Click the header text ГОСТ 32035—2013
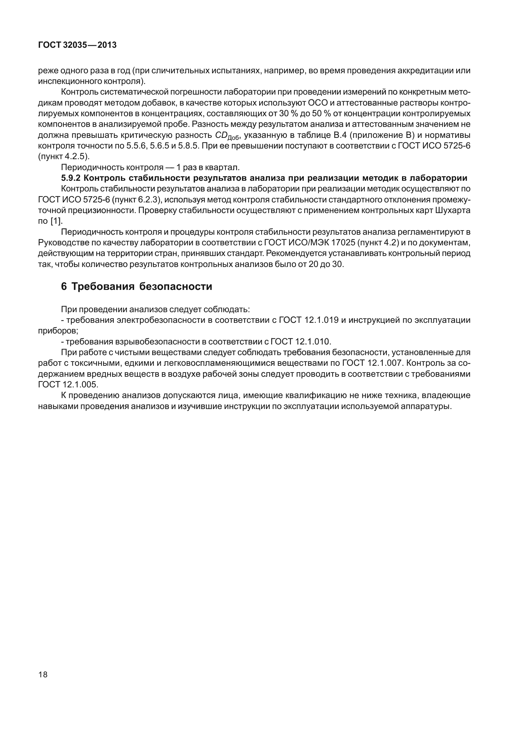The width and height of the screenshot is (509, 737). [x=77, y=46]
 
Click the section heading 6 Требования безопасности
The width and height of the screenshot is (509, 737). [x=136, y=286]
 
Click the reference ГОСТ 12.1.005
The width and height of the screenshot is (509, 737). [x=67, y=385]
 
